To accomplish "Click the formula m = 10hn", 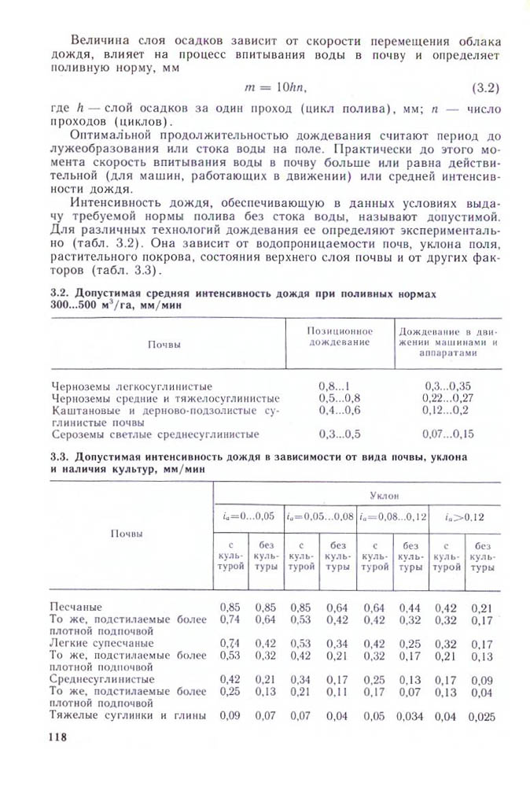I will coord(275,85).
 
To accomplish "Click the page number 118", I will coord(56,737).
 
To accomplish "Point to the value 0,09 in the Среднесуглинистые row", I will coord(481,678).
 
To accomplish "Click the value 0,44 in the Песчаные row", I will coord(410,607).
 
